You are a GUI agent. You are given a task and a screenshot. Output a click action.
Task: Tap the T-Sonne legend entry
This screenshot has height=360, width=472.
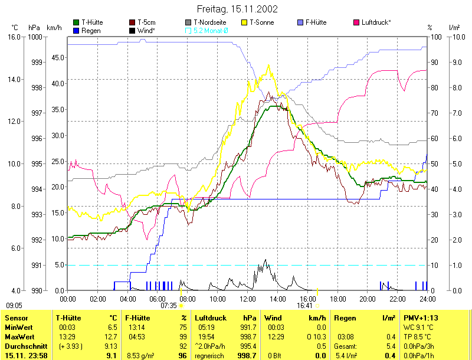click(260, 22)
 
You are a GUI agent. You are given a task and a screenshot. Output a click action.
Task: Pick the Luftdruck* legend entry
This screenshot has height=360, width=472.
click(375, 22)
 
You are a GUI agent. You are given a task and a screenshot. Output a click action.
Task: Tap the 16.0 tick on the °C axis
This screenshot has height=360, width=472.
click(14, 37)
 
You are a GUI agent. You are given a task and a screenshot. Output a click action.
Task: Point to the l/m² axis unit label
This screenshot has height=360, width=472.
click(454, 28)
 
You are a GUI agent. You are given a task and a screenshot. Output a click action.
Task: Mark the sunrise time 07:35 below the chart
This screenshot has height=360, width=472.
click(169, 306)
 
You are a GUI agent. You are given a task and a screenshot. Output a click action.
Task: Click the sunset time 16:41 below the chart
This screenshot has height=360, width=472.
click(304, 306)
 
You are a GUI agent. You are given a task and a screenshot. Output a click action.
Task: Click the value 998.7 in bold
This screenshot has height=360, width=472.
click(247, 355)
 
